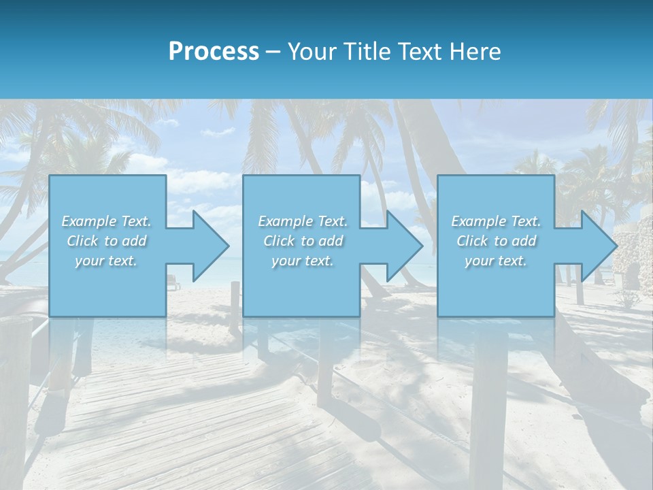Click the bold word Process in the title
coord(214,52)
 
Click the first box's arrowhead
coord(204,246)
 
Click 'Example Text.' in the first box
coord(106,221)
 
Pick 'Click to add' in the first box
coord(106,241)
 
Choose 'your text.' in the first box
coord(106,261)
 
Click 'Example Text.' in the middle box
coord(302,221)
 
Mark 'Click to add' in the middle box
coord(302,241)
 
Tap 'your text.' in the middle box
coord(302,261)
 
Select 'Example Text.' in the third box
coord(496,221)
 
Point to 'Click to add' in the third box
coord(496,241)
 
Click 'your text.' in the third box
coord(496,261)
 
